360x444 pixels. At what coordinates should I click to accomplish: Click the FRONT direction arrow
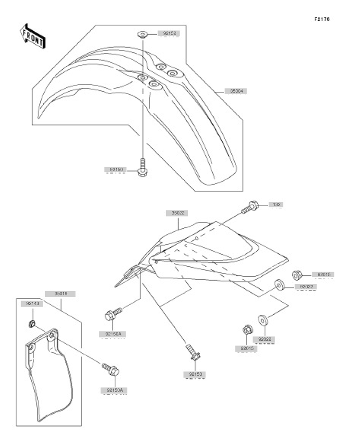click(x=33, y=36)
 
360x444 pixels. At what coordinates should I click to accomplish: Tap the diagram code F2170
click(x=322, y=19)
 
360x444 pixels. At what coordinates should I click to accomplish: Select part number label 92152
click(x=169, y=34)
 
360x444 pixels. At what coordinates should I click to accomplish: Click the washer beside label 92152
click(x=143, y=35)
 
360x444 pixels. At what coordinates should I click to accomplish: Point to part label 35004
click(x=237, y=91)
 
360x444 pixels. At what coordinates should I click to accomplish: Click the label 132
click(x=276, y=204)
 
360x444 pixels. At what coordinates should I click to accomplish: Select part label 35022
click(x=178, y=213)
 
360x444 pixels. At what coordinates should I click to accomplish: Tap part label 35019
click(x=61, y=294)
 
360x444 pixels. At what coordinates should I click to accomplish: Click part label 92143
click(x=33, y=304)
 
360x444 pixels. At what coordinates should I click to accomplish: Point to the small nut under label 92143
click(x=32, y=323)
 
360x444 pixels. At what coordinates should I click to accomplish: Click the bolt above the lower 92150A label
click(x=110, y=369)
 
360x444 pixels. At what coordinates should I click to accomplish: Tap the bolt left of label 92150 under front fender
click(x=143, y=168)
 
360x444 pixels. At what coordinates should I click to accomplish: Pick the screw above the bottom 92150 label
click(x=194, y=353)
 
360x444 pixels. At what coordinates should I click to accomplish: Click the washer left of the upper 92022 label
click(x=280, y=285)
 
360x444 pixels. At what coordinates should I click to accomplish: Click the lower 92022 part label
click(x=264, y=339)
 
